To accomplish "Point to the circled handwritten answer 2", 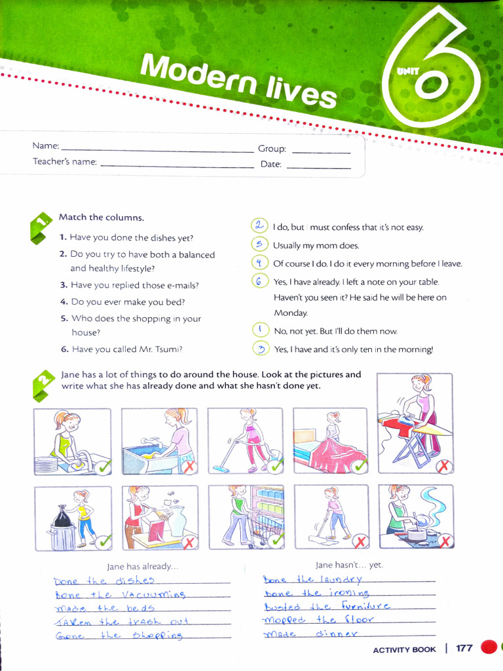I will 260,225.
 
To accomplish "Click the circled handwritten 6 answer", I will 260,281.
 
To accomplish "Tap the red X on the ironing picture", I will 444,467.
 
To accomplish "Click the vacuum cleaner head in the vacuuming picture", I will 221,469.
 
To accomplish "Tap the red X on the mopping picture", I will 360,541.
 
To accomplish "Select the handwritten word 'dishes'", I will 134,581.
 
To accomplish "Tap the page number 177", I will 464,649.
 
